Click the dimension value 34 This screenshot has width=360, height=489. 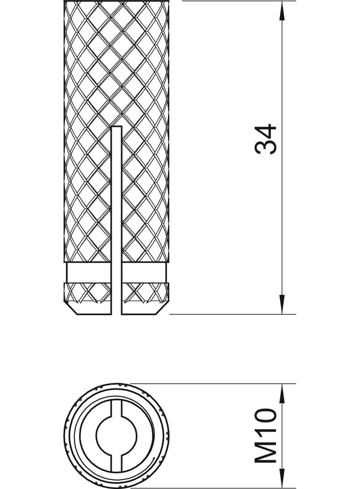tap(266, 139)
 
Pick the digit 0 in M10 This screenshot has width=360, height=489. tap(266, 417)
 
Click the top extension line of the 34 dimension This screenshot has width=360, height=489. tap(239, 1)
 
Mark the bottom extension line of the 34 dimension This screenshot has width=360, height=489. tap(233, 314)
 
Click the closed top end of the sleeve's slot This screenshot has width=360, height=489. tap(117, 127)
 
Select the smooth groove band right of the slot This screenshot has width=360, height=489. tap(144, 273)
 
